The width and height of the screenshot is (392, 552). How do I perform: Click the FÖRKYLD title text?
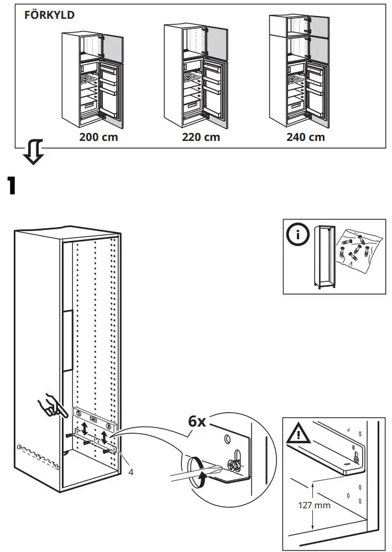coord(49,15)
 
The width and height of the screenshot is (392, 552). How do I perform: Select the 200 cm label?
coord(98,137)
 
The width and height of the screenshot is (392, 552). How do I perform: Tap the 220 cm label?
coord(201,137)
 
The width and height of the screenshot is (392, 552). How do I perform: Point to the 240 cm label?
coord(305,137)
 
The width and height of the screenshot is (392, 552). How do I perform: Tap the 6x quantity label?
coord(197,421)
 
